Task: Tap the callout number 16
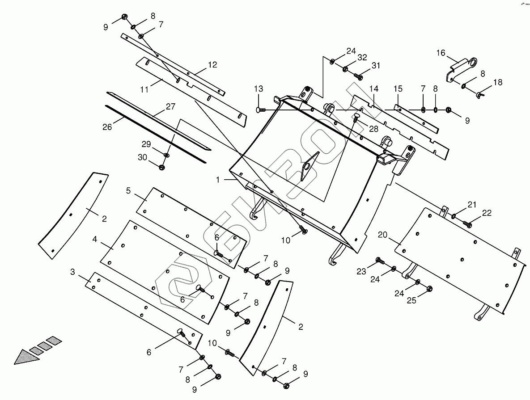[441, 53]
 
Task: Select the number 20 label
[382, 234]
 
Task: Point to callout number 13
[259, 88]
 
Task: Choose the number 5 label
[128, 191]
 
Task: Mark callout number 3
[73, 272]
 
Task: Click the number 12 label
[212, 65]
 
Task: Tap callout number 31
[375, 66]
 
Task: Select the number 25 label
[411, 300]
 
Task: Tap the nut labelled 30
[162, 168]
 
